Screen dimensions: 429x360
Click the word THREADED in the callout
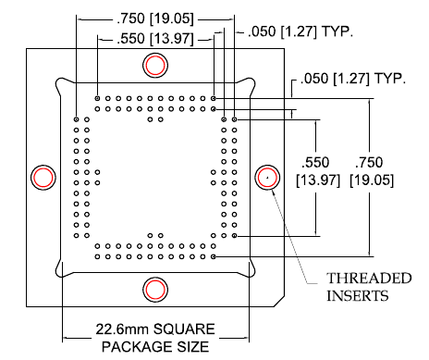tap(369, 279)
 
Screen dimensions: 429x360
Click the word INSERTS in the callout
tap(358, 296)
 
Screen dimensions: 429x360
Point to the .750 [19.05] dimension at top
tap(155, 19)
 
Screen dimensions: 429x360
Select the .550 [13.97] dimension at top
tap(155, 39)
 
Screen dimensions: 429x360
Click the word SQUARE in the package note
tap(184, 329)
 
